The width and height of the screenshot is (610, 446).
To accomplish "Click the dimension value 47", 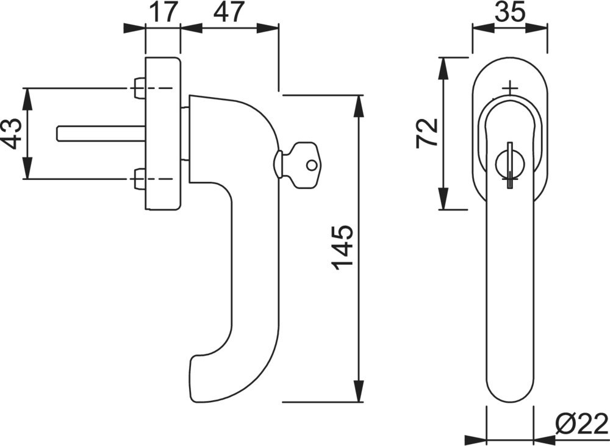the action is point(228,12).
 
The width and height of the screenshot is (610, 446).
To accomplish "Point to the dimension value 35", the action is point(510,12).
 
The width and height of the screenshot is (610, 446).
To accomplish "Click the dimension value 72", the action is point(426,134).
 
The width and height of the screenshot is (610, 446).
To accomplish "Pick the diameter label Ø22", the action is point(581,424).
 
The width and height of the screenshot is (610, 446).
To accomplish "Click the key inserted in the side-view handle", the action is point(298,165).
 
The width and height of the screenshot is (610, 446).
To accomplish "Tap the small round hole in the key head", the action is point(311,165).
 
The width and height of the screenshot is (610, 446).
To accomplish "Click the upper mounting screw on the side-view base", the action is point(139,88).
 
